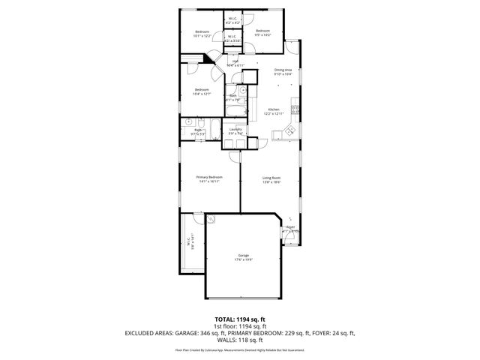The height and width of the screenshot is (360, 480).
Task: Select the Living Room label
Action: [x=271, y=179]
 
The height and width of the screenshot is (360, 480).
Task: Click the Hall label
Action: [x=235, y=63]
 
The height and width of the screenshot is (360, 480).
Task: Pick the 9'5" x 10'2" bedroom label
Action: [x=262, y=32]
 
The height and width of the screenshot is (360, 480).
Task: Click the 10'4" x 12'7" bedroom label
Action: [x=201, y=91]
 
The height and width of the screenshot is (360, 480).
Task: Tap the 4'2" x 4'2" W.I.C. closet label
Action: [x=232, y=21]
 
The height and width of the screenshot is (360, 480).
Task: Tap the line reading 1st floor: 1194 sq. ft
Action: [x=240, y=325]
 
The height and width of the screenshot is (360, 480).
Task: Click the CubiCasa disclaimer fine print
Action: [x=240, y=349]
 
